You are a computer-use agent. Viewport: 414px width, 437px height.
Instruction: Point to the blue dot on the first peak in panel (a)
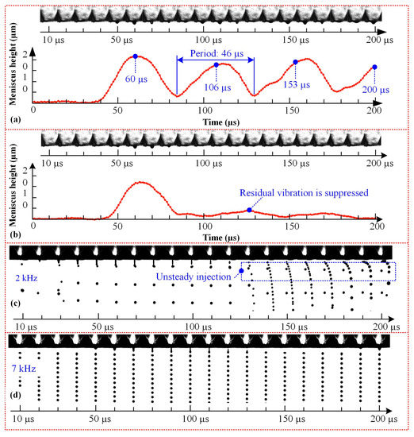135,56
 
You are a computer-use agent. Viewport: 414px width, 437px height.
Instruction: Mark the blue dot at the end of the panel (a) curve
374,68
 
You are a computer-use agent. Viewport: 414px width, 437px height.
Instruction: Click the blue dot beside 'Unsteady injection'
241,271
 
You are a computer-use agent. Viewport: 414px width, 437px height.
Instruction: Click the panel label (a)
15,117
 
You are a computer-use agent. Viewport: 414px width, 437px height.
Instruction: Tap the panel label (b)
15,227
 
